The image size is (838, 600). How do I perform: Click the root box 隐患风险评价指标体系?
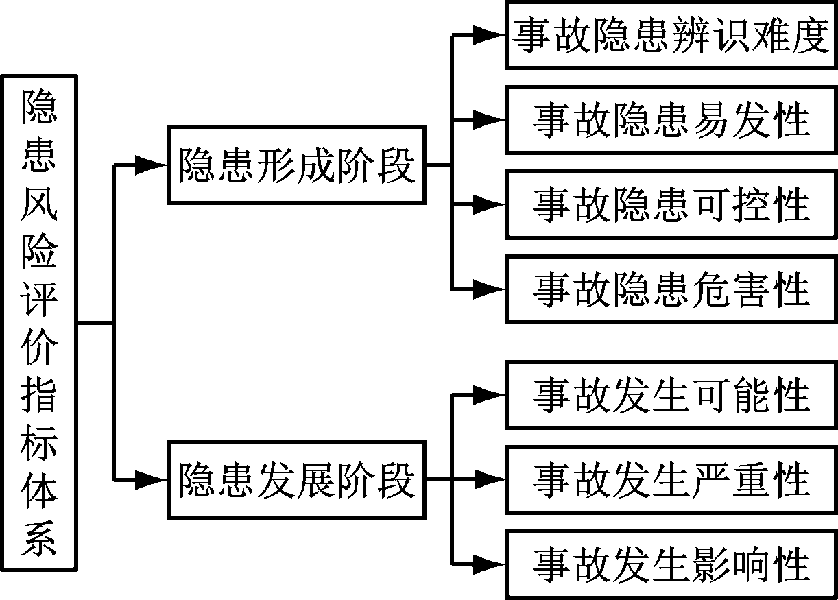39,322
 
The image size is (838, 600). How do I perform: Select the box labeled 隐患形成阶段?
296,165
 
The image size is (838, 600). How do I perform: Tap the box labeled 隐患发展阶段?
296,480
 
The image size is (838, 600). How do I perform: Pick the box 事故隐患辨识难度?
671,36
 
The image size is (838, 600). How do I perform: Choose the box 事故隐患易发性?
671,120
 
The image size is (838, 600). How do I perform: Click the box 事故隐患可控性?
671,204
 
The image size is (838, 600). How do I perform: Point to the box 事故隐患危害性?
671,289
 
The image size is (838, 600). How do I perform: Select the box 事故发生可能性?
671,394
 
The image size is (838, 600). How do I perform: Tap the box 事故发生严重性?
671,479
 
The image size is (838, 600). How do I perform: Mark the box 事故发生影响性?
671,564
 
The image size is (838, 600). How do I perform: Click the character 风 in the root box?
39,205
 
